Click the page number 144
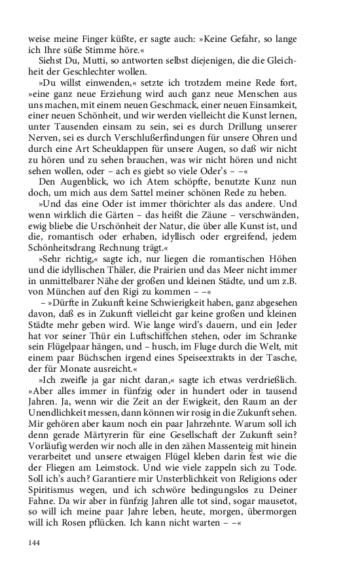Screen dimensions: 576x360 coord(35,543)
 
